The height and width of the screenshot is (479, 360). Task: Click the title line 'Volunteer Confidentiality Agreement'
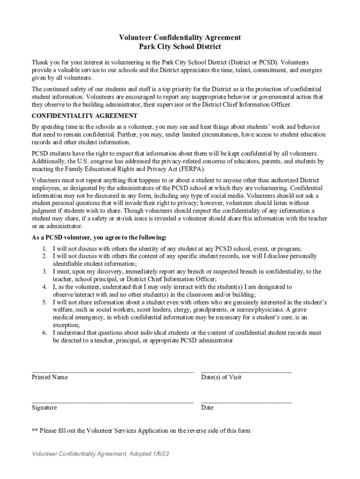(180, 37)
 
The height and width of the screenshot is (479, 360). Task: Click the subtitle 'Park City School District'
(180, 47)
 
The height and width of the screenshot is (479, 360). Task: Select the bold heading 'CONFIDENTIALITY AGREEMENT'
(84, 116)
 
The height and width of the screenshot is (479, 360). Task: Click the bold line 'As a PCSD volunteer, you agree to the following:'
(99, 237)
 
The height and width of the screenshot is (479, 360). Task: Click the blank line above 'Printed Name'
(112, 371)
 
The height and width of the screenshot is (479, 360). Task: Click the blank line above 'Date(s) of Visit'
(246, 371)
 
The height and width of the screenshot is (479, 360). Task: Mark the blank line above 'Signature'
(112, 401)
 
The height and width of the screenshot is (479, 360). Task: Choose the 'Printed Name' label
(50, 377)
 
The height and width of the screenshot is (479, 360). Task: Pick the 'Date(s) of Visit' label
(221, 377)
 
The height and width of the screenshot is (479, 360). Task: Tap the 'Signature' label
(44, 407)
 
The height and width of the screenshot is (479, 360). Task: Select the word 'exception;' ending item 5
(66, 325)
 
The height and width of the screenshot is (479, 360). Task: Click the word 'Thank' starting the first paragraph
(40, 62)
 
